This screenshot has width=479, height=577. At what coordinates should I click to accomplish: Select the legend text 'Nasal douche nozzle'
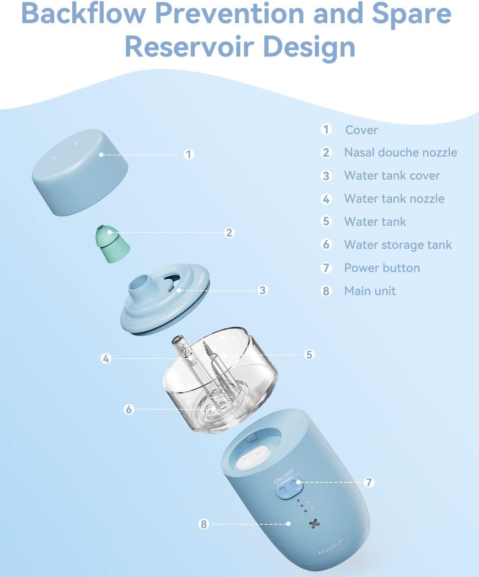[400, 153]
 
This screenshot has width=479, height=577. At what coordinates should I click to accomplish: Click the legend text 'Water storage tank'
[398, 245]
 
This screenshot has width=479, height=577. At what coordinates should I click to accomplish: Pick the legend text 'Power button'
[382, 268]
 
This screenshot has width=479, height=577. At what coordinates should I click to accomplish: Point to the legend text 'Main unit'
[370, 291]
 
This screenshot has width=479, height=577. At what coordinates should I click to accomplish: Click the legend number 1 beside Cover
[326, 129]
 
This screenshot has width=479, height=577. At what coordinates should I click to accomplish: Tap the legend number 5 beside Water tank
[326, 221]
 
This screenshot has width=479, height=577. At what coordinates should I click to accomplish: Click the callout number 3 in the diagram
[262, 290]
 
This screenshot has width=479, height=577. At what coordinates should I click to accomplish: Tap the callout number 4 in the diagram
[106, 359]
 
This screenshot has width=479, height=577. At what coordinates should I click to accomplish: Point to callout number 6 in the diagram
[129, 409]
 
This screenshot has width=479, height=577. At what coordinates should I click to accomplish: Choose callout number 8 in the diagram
[204, 524]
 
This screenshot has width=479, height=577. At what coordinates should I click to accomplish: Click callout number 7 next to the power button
[369, 482]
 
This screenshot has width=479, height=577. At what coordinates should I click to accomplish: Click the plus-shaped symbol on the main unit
[315, 523]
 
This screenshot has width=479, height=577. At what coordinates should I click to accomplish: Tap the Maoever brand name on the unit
[331, 546]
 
